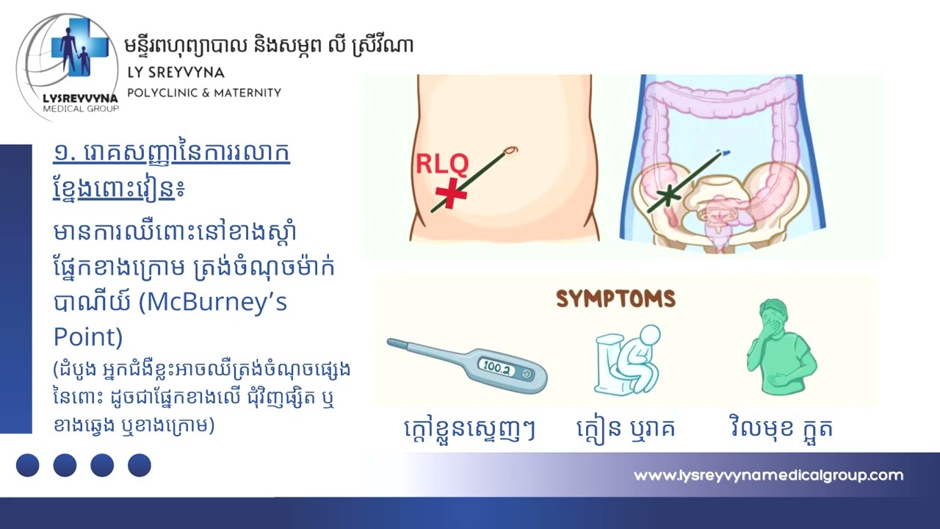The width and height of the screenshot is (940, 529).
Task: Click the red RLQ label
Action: tap(443, 163)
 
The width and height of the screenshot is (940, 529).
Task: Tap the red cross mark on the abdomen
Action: tap(450, 193)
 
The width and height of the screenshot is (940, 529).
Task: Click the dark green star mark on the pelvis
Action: tap(668, 195)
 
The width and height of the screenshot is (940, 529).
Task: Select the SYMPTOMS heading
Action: tap(615, 298)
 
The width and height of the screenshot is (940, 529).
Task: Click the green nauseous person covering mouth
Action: tap(779, 352)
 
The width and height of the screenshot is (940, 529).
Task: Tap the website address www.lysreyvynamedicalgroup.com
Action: tap(768, 475)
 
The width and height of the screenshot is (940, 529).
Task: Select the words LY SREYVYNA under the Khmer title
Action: tap(176, 73)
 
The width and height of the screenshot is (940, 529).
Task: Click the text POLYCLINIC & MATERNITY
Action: tap(204, 93)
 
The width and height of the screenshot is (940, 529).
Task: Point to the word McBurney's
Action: tap(220, 302)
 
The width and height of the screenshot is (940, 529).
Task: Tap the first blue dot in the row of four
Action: tap(28, 465)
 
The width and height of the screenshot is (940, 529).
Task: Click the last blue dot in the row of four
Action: tap(139, 465)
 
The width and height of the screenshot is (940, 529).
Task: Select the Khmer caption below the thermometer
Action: tap(470, 428)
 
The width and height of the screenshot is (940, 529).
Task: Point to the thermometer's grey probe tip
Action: tap(394, 343)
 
